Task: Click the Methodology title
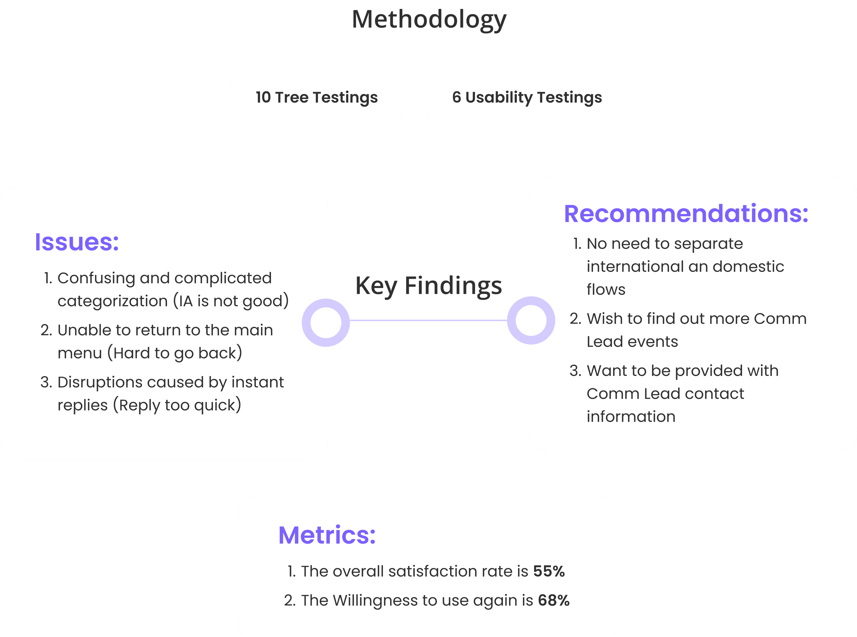click(x=429, y=20)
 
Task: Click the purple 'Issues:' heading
click(x=77, y=242)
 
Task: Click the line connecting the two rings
click(x=428, y=320)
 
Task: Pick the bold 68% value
click(x=554, y=600)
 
